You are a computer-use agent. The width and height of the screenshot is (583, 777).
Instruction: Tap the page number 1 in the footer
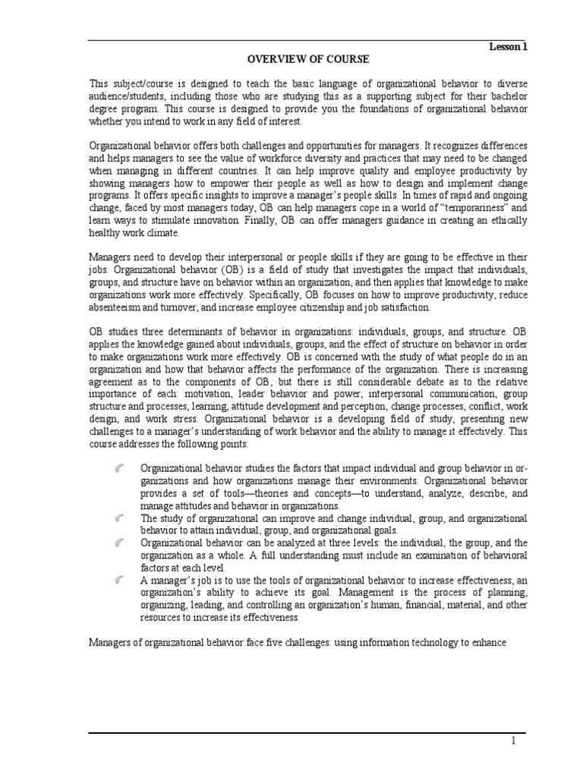tap(512, 741)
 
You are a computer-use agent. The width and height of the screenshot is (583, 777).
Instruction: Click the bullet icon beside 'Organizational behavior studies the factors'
tap(120, 469)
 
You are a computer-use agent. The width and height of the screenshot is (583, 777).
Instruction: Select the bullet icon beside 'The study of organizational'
tap(120, 518)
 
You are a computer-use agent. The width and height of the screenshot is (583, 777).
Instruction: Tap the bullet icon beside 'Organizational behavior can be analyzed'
tap(120, 543)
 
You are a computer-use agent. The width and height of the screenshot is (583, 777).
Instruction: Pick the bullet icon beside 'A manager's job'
tap(120, 580)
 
